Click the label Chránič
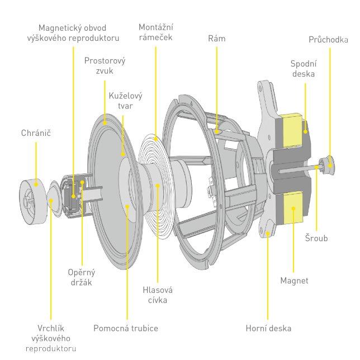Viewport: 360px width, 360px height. click(36, 133)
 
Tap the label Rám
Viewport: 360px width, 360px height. click(216, 39)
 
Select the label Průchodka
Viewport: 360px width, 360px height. click(329, 40)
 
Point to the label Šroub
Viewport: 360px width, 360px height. click(317, 239)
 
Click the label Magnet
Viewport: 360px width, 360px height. click(294, 281)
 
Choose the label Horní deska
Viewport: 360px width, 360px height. click(268, 328)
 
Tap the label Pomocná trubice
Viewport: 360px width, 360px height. click(126, 328)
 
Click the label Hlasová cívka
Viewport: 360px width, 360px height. click(158, 295)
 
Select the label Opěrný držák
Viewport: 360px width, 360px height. click(82, 277)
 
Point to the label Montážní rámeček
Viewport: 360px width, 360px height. click(155, 32)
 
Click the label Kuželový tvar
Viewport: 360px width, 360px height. click(121, 101)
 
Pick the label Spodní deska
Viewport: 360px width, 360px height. click(303, 68)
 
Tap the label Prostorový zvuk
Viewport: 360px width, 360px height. click(105, 65)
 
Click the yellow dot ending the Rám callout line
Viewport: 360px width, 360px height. click(217, 132)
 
